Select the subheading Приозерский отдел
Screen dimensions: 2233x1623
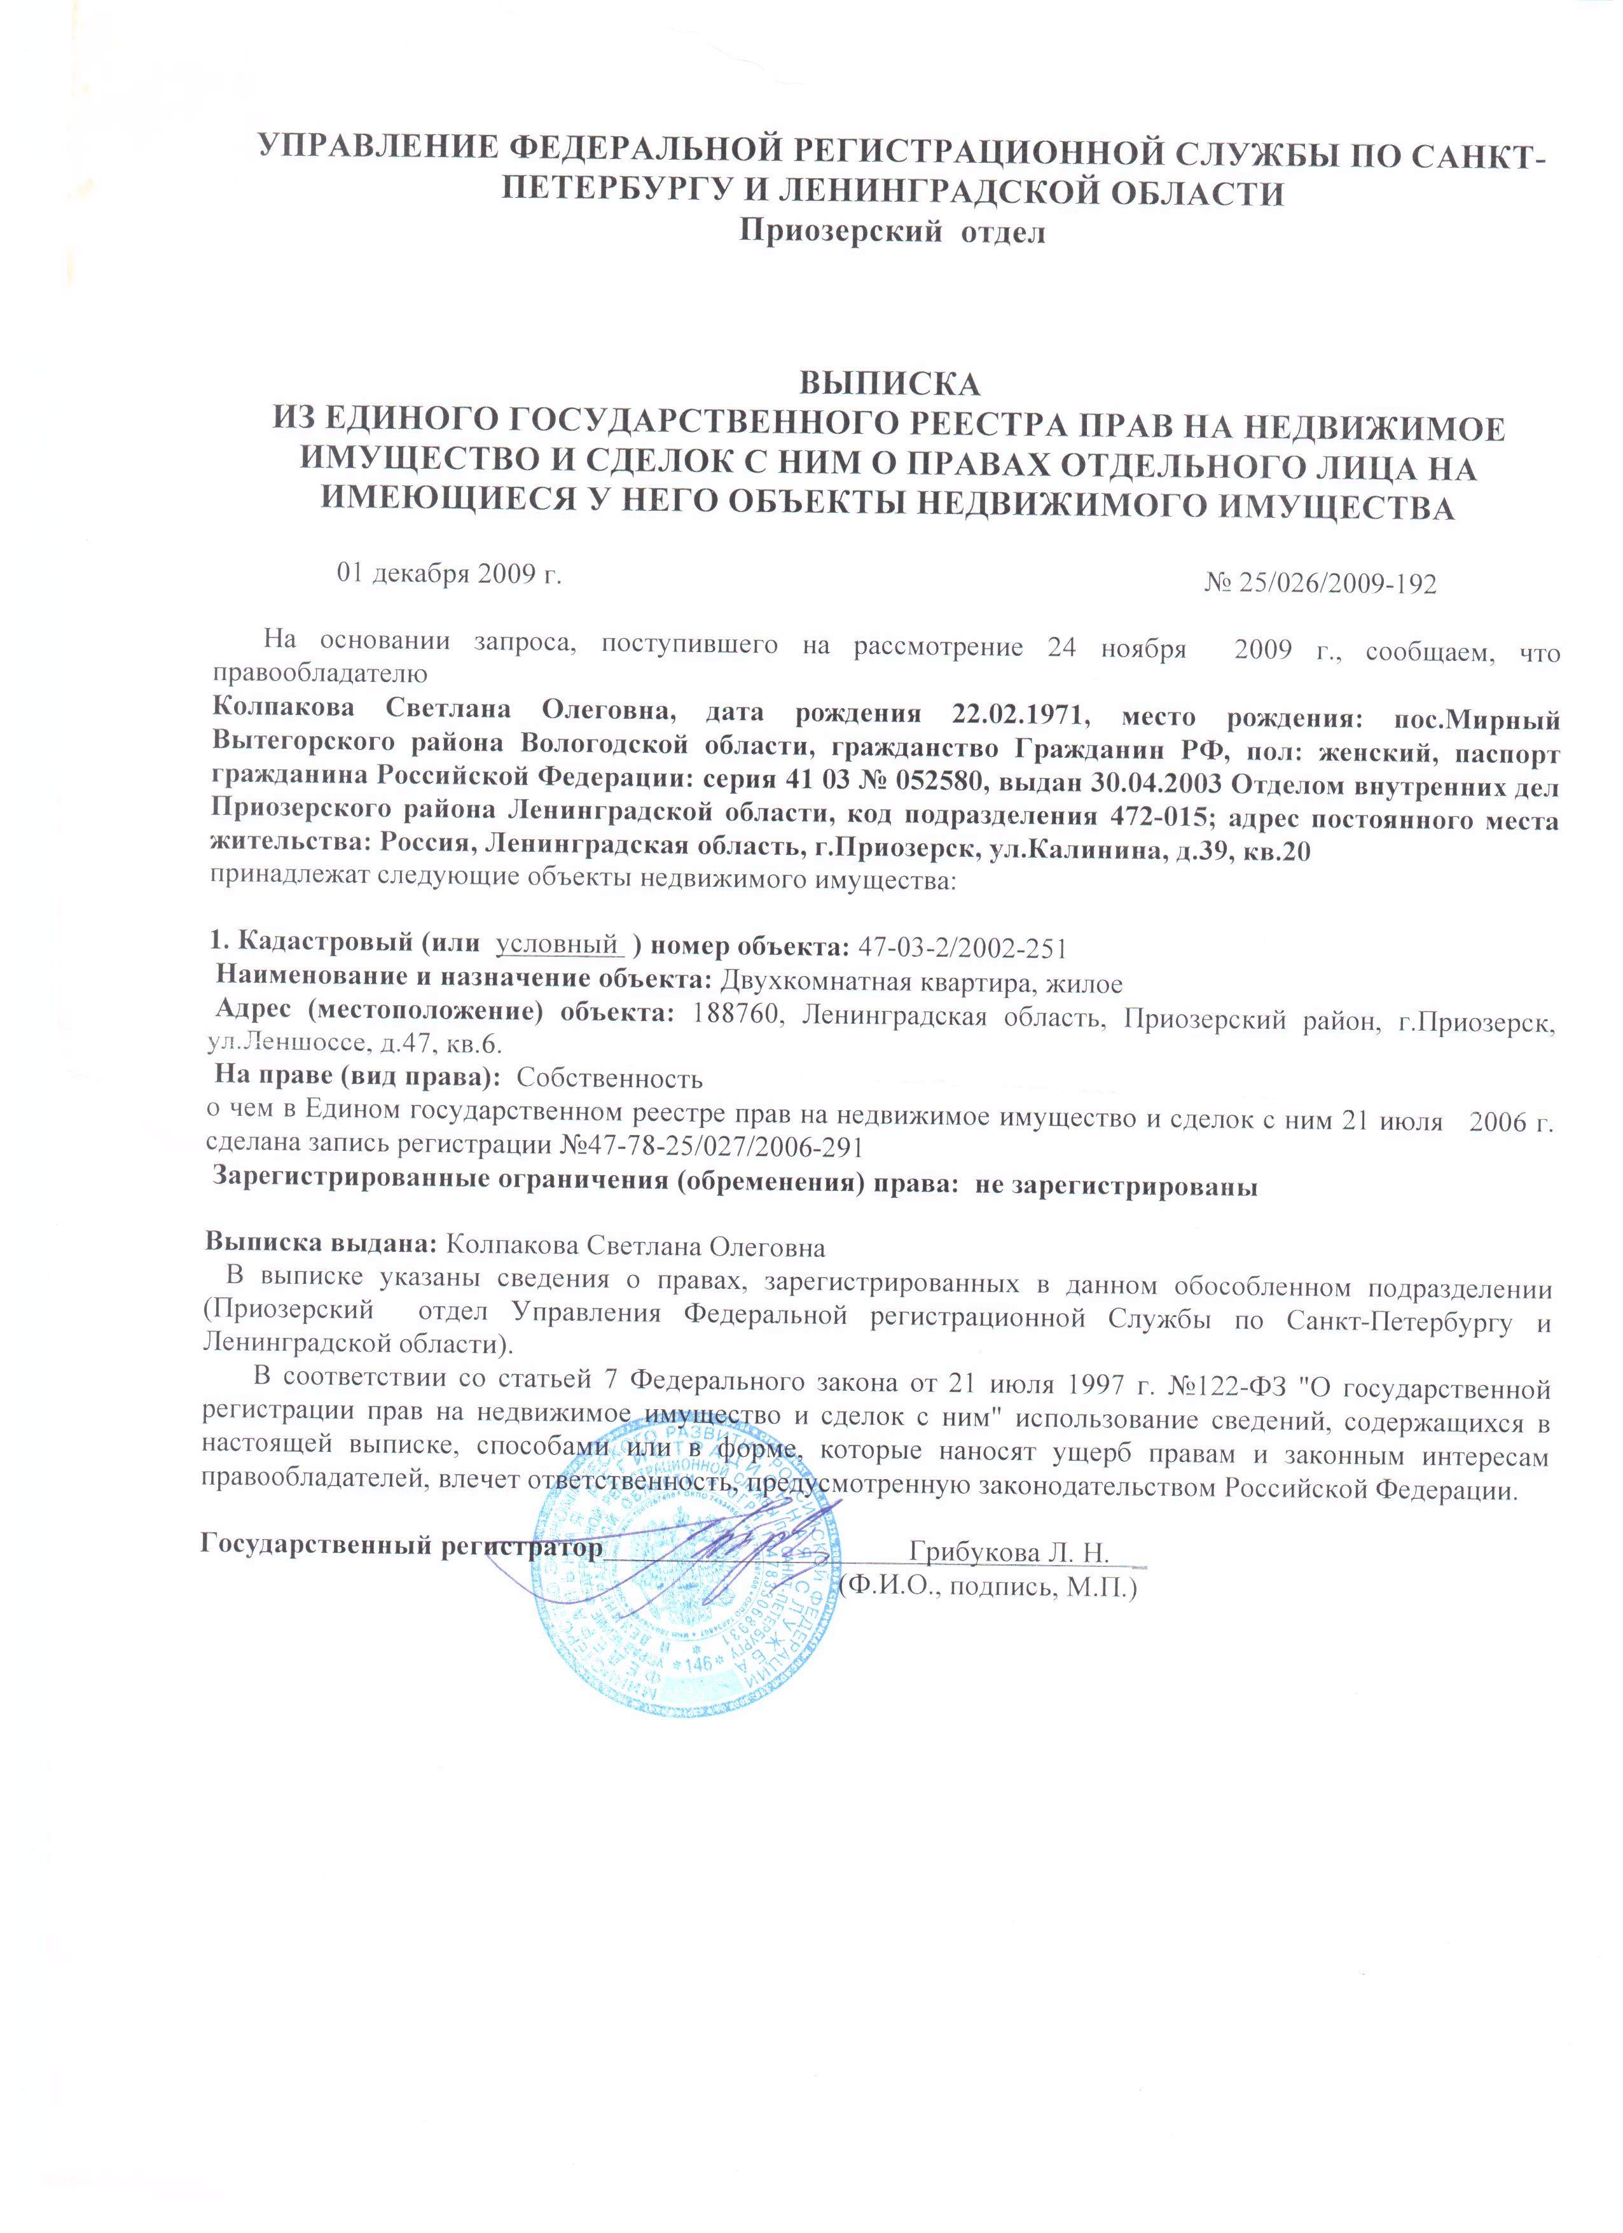pyautogui.click(x=892, y=233)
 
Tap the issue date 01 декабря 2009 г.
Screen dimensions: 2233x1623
pyautogui.click(x=449, y=574)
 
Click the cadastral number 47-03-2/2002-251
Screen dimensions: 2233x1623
pyautogui.click(x=963, y=947)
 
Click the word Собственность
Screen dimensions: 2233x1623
pyautogui.click(x=609, y=1078)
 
